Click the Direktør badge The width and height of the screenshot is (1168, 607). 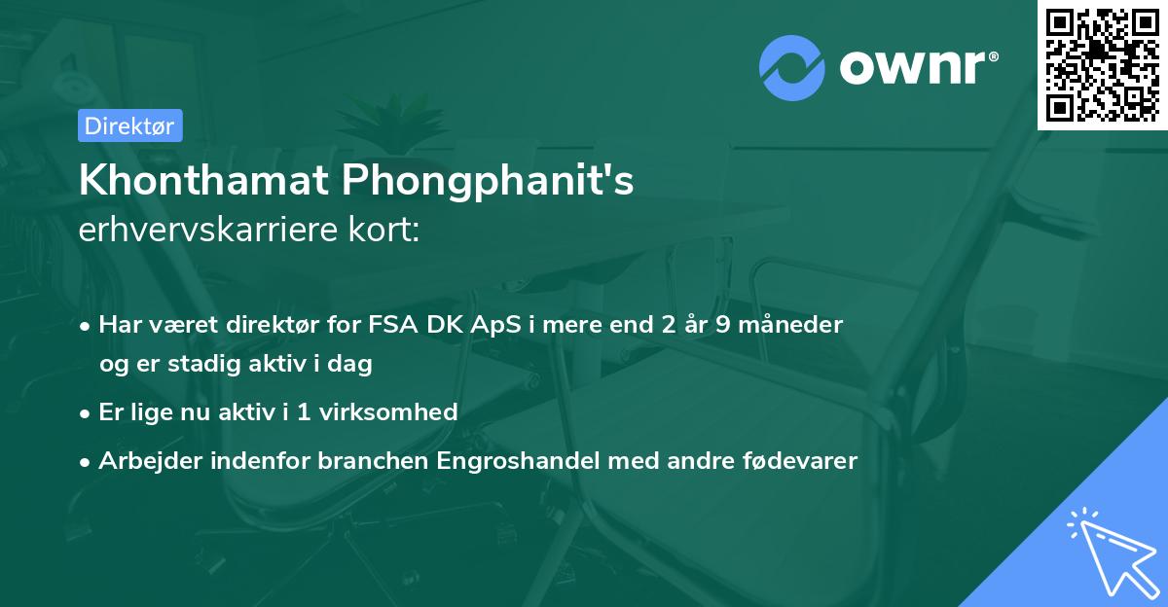129,125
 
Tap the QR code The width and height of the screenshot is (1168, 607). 1102,64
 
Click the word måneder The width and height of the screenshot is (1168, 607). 796,325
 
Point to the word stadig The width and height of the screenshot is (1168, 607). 202,364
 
